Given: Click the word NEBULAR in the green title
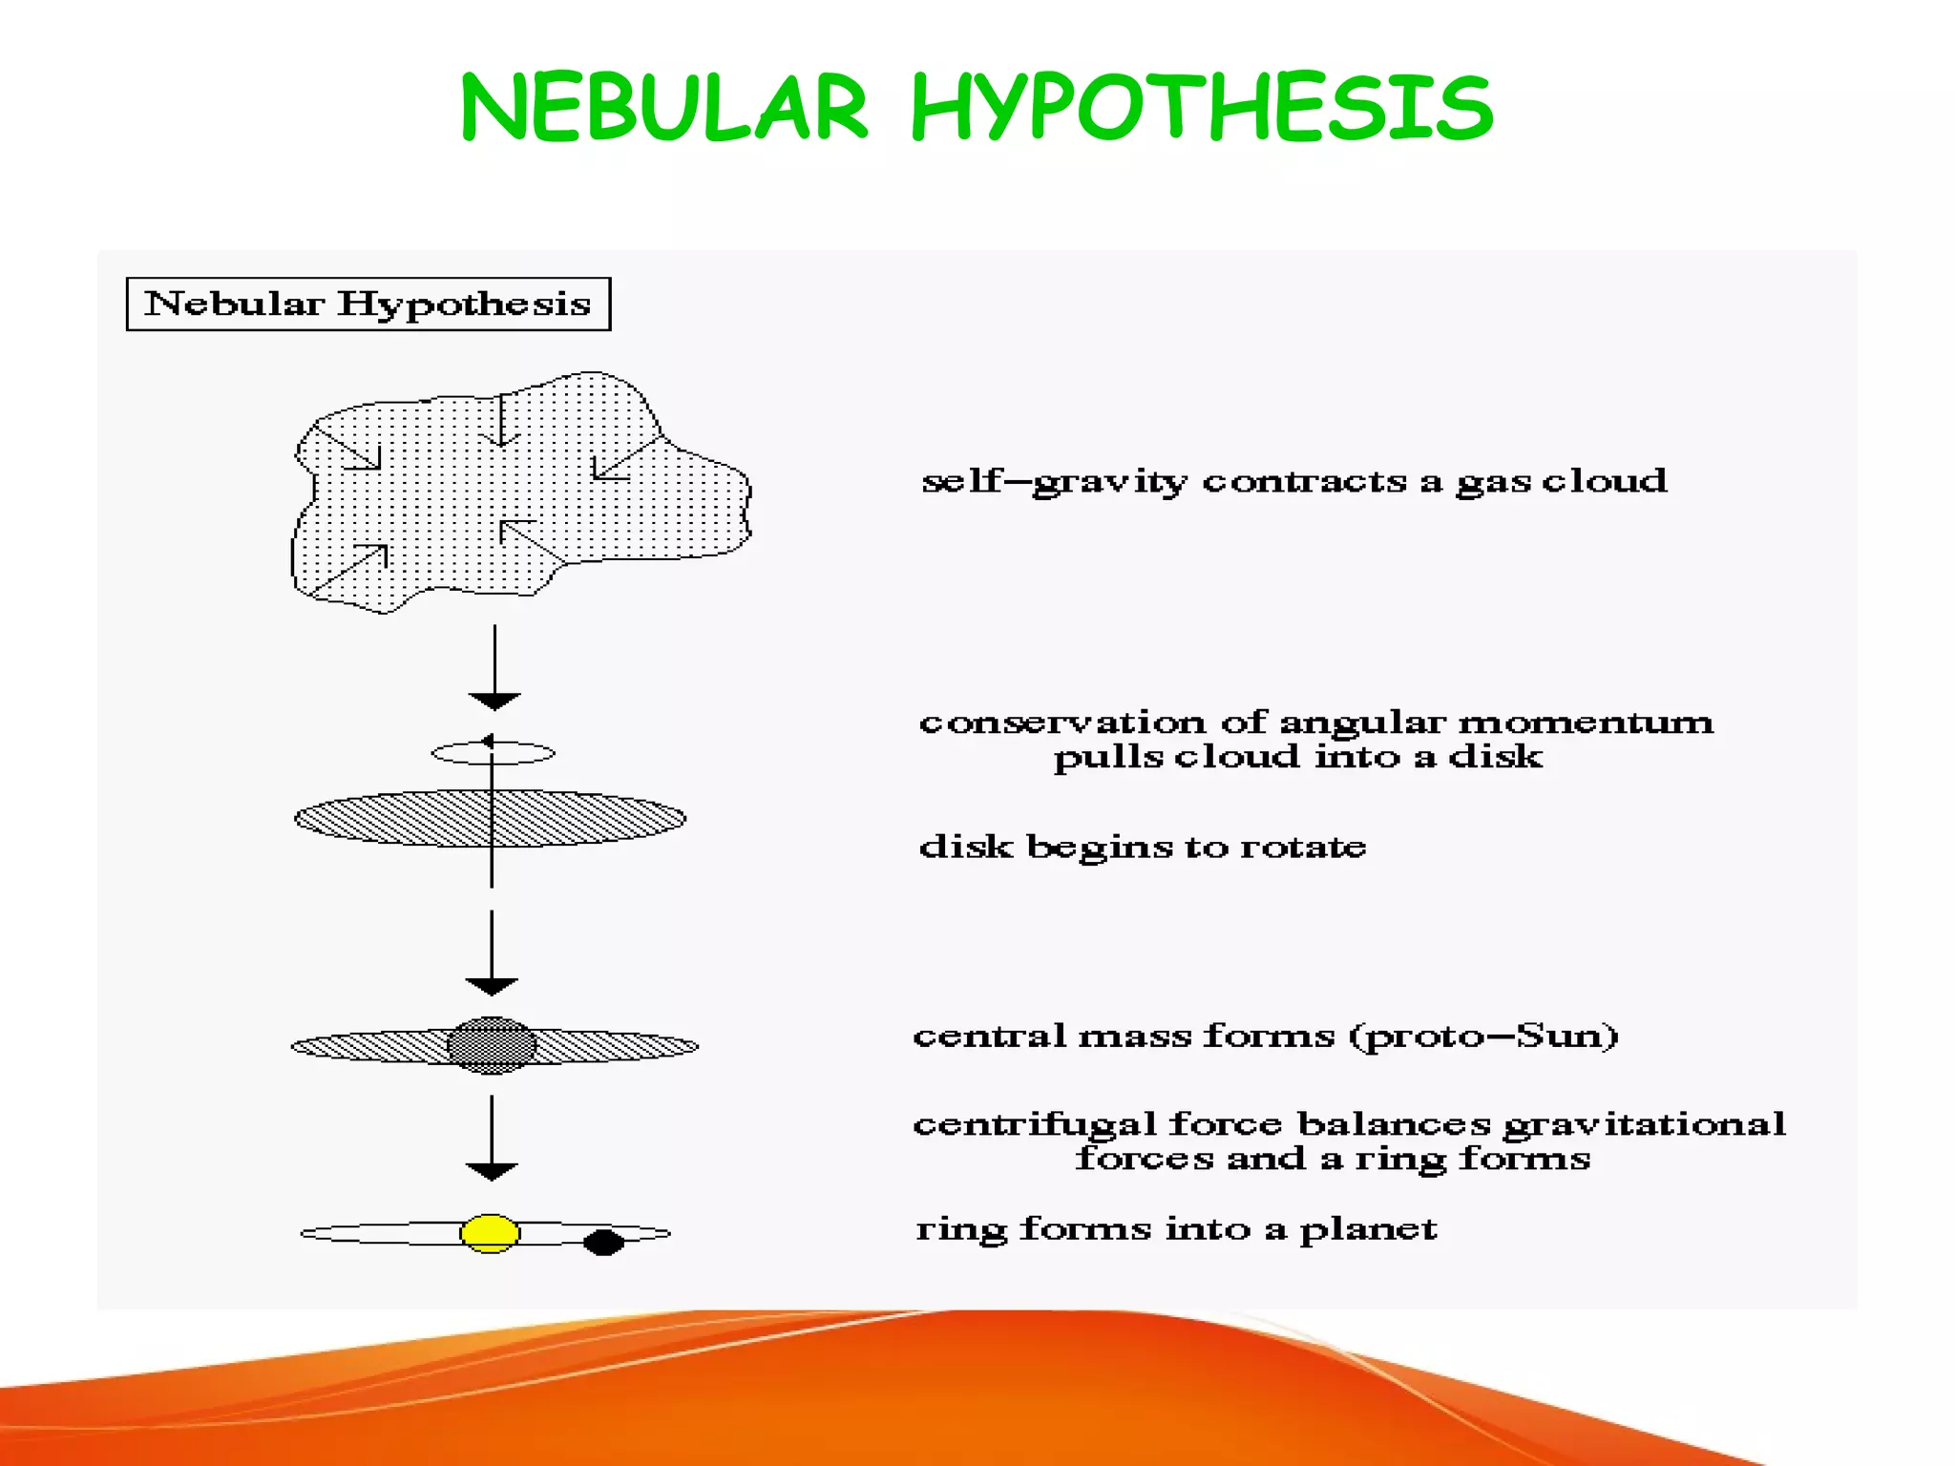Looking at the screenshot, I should click(663, 107).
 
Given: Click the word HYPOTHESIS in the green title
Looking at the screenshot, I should click(1201, 107).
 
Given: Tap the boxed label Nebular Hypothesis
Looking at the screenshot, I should click(368, 304).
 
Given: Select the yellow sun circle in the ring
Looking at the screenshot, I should click(490, 1232).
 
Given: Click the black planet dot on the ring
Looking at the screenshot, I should click(603, 1242).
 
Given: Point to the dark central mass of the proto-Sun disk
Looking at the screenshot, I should click(493, 1045).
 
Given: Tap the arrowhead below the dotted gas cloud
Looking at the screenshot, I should click(494, 702).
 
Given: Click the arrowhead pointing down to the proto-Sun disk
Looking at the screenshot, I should click(492, 986).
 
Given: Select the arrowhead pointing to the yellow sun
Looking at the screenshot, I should click(492, 1171).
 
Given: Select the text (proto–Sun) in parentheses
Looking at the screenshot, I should click(1483, 1036).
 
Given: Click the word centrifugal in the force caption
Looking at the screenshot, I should click(1035, 1124).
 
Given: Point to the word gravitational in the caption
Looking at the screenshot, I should click(1644, 1124).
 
